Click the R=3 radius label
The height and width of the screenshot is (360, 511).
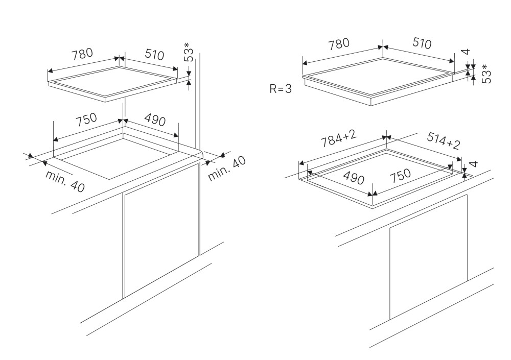click(x=281, y=88)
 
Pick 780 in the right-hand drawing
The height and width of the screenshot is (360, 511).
click(x=339, y=45)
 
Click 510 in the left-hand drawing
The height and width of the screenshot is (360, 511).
click(x=154, y=54)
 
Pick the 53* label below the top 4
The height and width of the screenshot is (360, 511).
click(x=486, y=74)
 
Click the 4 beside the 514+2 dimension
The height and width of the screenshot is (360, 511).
click(x=474, y=164)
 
